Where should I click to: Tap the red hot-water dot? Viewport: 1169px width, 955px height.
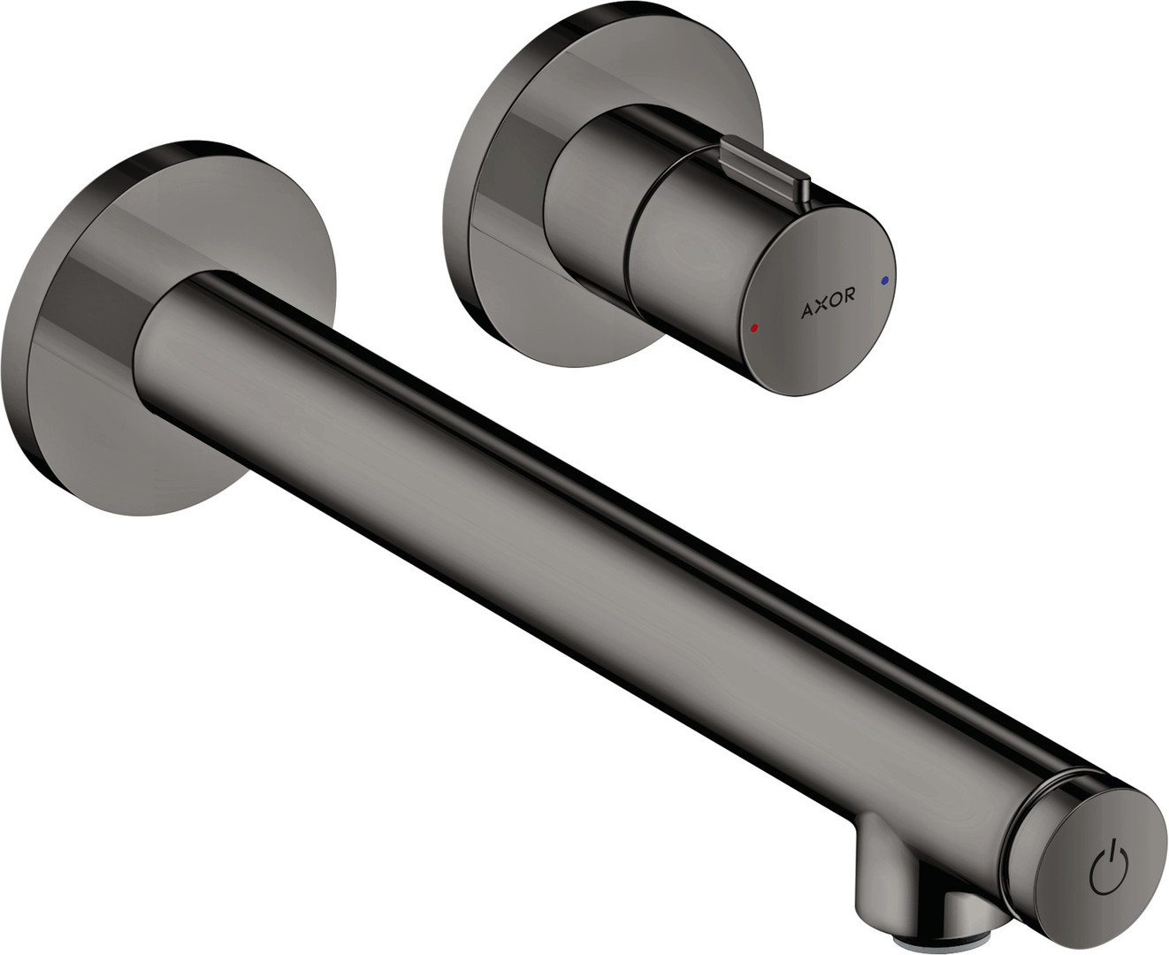pos(753,328)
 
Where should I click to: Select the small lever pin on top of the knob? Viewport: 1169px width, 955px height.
pos(765,169)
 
